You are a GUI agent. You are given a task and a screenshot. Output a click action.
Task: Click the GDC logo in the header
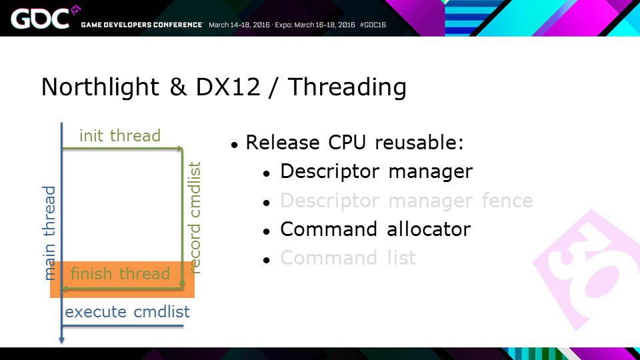[40, 19]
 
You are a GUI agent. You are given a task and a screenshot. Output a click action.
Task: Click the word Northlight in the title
[100, 87]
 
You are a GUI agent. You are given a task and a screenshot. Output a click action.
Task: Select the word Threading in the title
[347, 87]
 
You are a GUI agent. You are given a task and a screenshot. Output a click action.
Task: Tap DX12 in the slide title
[228, 87]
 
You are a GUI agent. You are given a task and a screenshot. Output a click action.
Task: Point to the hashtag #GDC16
[373, 25]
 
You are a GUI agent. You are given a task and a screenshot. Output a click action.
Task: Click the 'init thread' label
[120, 135]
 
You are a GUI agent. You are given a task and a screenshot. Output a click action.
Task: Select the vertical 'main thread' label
[49, 233]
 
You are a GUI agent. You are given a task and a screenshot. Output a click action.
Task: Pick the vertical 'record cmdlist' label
[195, 217]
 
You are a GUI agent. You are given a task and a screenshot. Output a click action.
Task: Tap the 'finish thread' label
[120, 273]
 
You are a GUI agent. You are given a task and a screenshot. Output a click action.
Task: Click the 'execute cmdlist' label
[127, 312]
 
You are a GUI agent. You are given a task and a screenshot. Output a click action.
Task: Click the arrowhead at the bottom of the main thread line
[61, 340]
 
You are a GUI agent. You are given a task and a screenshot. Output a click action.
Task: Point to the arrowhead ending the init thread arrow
[180, 149]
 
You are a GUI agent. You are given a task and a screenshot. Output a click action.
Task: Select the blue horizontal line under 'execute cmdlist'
[123, 326]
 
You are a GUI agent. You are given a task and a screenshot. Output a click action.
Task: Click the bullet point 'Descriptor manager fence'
[406, 201]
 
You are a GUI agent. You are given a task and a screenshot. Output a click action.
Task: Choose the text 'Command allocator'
[375, 229]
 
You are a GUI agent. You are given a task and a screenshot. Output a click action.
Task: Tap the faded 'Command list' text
[348, 258]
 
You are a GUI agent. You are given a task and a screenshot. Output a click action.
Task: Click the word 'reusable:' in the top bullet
[419, 143]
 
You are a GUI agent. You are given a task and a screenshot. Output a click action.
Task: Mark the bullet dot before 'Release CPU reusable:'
[234, 145]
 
